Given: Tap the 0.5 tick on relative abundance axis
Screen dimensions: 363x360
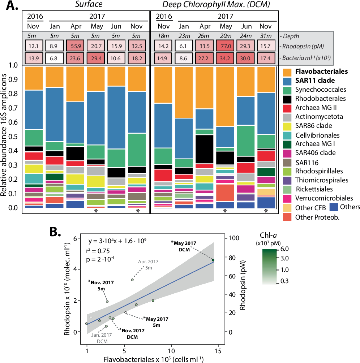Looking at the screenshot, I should coord(13,137).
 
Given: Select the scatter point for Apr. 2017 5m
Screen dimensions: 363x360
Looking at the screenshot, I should coord(133,280).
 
